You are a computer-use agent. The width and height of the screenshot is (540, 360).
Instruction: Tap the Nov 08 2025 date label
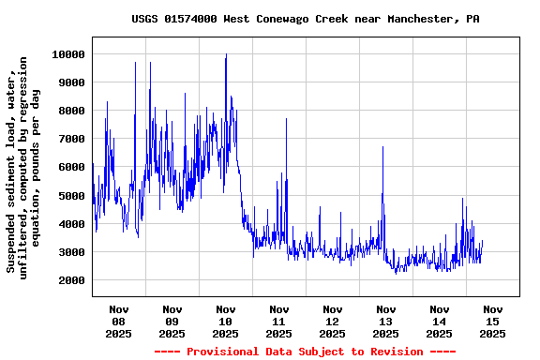pos(119,321)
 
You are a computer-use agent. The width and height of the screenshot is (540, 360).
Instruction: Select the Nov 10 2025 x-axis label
pos(226,321)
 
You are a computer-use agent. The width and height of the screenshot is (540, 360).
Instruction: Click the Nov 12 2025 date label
pos(333,321)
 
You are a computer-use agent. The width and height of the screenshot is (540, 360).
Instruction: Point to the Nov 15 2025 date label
pos(493,321)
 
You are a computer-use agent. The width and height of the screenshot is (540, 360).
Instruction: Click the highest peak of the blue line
pos(226,55)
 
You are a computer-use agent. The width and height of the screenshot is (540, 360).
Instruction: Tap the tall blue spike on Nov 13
pos(382,148)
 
